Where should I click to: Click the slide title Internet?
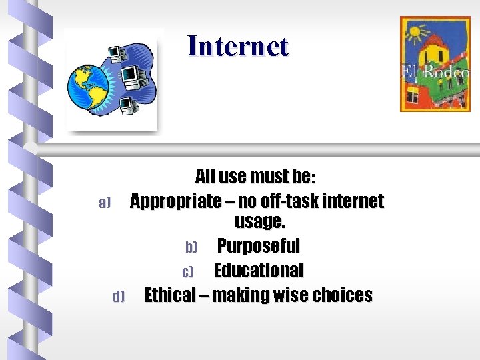coord(238,46)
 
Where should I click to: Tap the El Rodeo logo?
coord(434,64)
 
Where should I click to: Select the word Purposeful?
coord(259,246)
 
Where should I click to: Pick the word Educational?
coord(258,271)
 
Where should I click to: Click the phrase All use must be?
coord(255,177)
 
